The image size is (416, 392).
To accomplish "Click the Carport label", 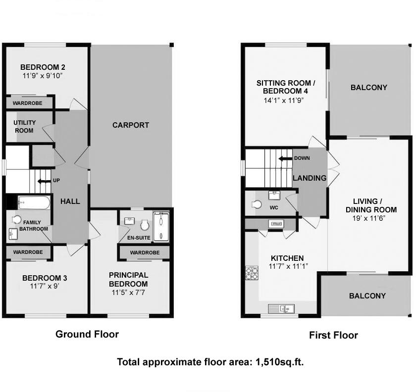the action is point(131,125).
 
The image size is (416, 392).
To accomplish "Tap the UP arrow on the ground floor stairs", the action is point(45,182).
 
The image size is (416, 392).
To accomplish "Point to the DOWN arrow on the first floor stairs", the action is point(285,158).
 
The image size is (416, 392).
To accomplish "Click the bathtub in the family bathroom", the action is point(34,203).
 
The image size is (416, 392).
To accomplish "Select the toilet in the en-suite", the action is point(145,225).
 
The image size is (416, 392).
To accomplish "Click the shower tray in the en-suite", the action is point(161,227).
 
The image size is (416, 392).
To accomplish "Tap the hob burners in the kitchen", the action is point(252,273).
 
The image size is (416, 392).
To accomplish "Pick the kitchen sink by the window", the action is point(281,309).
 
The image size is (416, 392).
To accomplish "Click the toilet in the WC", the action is point(256,204).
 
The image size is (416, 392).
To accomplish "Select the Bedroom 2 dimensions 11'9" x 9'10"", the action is point(43,76).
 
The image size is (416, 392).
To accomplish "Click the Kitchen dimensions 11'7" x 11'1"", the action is point(288,266).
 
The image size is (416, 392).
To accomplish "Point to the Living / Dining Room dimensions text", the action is point(369,218).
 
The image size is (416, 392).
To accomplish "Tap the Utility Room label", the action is point(24,127).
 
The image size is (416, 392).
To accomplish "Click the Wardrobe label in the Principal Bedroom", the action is point(145,253).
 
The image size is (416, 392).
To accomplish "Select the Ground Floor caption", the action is point(87,334).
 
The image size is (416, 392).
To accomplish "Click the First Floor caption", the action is point(333,335).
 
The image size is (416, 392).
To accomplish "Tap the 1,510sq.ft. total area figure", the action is point(280,362).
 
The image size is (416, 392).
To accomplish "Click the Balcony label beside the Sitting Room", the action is point(369,88).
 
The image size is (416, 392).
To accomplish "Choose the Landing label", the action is point(310,178).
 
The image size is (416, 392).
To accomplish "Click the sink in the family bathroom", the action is point(13,234).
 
